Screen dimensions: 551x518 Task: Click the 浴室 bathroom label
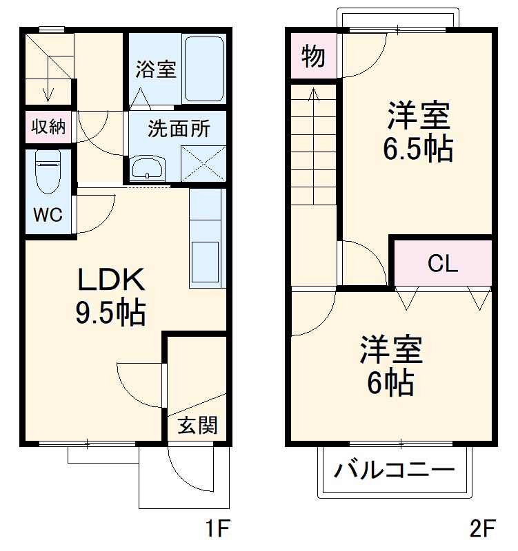coord(155,69)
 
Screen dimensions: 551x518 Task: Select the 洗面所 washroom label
coord(179,129)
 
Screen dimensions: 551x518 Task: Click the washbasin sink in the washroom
coord(148,168)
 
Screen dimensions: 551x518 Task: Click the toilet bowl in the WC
coord(48,175)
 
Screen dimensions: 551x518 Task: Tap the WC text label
coord(48,215)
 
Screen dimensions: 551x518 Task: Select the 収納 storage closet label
coord(48,127)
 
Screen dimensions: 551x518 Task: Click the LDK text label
coord(110,280)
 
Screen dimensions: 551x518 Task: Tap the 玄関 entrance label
coord(198,426)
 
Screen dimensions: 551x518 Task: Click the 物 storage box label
coord(313,57)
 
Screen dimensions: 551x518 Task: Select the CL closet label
coord(442,263)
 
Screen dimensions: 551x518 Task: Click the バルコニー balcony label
coord(395,471)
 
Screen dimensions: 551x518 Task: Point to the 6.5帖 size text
coord(419,148)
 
